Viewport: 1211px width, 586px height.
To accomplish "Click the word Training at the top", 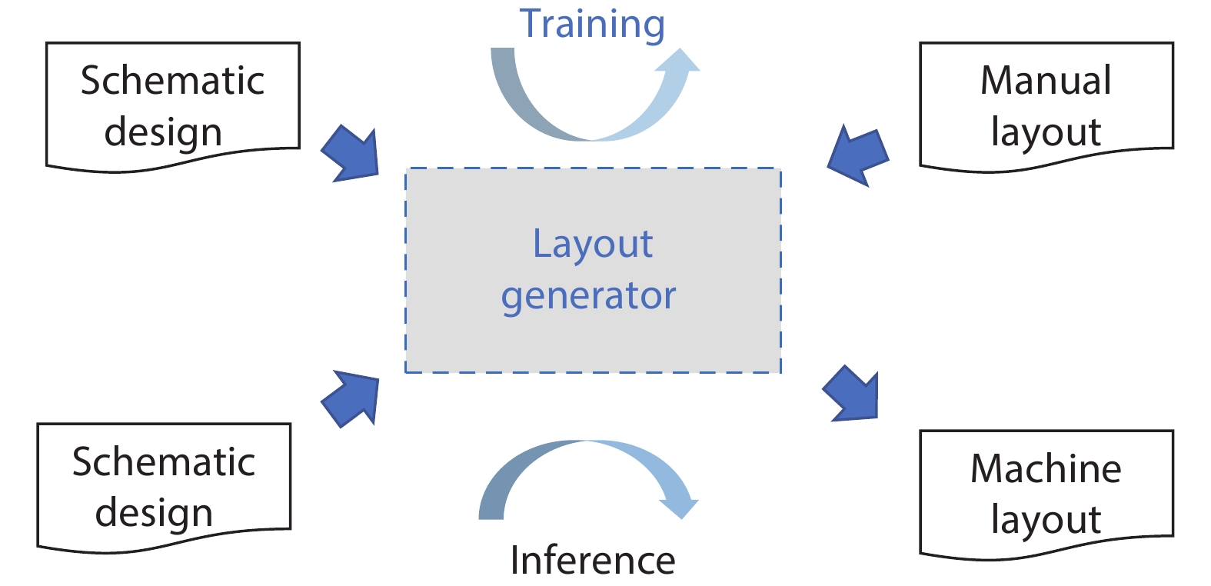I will (592, 24).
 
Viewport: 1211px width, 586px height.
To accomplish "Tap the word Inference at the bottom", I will (593, 560).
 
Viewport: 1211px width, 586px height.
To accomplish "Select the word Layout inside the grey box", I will (593, 245).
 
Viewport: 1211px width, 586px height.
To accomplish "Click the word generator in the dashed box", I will (589, 296).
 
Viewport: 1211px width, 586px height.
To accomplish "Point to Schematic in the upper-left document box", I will (172, 81).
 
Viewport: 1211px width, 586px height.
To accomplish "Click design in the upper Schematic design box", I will (163, 132).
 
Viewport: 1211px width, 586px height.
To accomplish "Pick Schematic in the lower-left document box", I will (164, 462).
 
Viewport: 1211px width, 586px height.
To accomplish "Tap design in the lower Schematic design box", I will (154, 513).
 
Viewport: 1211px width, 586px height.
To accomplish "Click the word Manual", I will (1046, 81).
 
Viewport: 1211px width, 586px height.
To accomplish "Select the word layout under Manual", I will (1046, 132).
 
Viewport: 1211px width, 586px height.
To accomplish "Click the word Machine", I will (1046, 468).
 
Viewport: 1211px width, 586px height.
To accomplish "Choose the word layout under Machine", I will (1046, 520).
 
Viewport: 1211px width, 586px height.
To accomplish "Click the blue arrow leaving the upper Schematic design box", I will (353, 154).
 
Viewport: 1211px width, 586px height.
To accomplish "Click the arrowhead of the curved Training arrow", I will (680, 63).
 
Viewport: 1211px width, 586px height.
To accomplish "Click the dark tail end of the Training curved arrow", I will (502, 58).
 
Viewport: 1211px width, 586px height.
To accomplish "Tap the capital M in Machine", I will (986, 468).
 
